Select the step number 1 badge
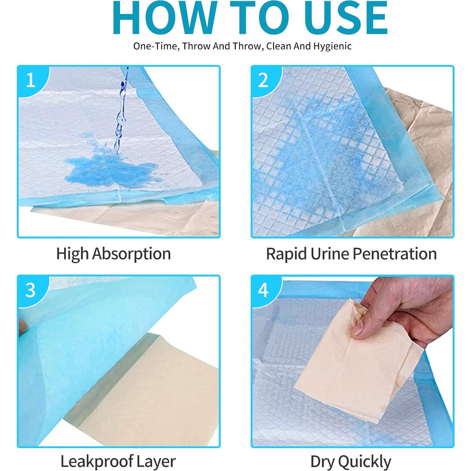(x=31, y=80)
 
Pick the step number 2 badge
(x=263, y=80)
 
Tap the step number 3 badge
(x=31, y=290)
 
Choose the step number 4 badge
(x=263, y=290)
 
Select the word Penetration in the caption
(x=394, y=254)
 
